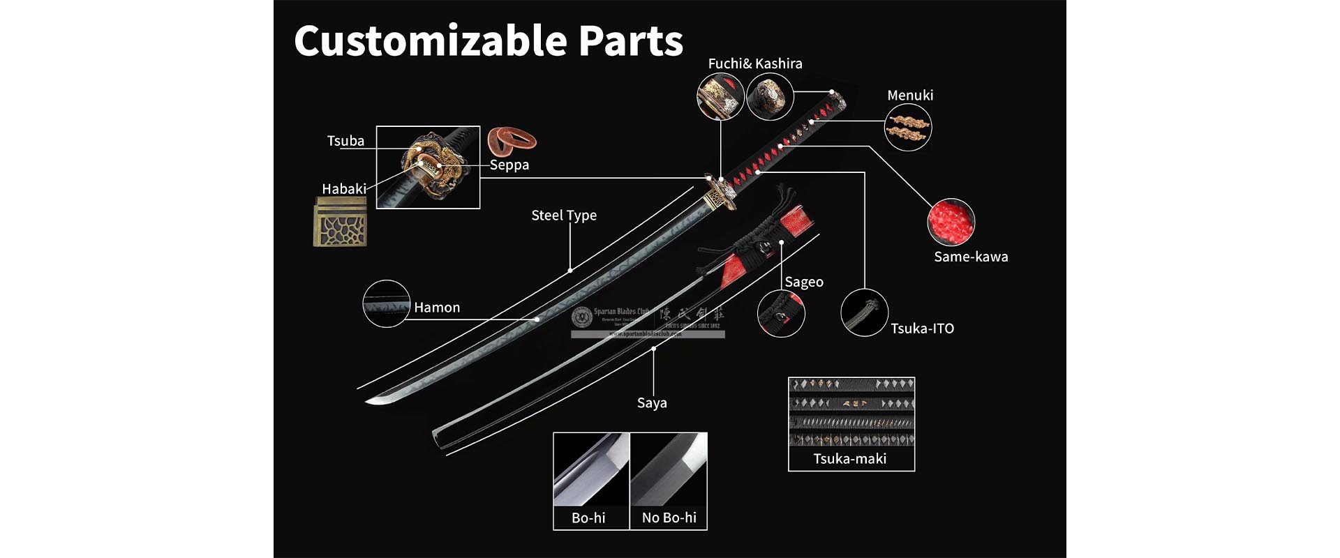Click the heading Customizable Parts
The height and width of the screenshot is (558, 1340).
[489, 40]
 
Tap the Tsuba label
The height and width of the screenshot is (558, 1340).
[345, 141]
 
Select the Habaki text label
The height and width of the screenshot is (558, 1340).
[343, 189]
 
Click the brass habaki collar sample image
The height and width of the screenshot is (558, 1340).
[340, 222]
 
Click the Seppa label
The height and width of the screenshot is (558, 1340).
[509, 165]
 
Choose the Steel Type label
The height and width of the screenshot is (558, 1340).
[564, 216]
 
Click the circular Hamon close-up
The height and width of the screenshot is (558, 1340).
[386, 303]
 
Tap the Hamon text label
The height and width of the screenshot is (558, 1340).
[437, 308]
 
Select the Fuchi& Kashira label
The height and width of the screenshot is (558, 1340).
[755, 63]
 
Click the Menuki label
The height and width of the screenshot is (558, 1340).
[910, 96]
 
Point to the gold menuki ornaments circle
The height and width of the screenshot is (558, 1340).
[907, 128]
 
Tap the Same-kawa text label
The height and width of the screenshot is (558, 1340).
[971, 257]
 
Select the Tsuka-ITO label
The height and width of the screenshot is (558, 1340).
[922, 329]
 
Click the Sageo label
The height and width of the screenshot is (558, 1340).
[804, 282]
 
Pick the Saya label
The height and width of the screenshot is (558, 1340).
[652, 403]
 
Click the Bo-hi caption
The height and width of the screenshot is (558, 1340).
[588, 518]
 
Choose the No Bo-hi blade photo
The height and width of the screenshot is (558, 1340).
[669, 469]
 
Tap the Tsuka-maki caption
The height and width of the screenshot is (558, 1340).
[850, 459]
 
